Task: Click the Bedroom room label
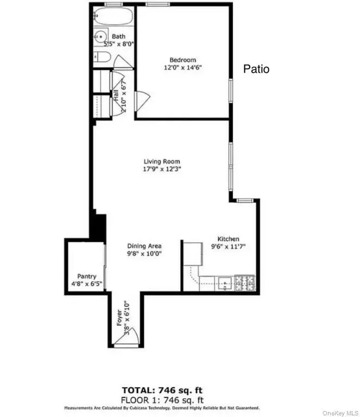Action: click(182, 60)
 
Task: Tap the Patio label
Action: click(256, 69)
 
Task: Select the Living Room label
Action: click(162, 161)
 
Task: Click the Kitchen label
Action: click(229, 239)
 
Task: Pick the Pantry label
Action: click(86, 276)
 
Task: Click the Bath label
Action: click(118, 36)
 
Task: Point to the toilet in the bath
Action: click(102, 58)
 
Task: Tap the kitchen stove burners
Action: click(246, 283)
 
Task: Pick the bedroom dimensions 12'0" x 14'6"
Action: click(182, 68)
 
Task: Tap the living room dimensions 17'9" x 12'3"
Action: click(162, 169)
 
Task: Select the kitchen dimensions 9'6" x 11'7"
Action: click(229, 247)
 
